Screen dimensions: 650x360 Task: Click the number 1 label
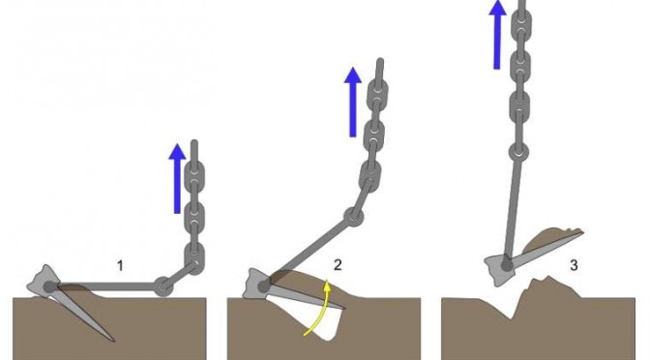coord(120,265)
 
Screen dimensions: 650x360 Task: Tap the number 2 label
coord(338,264)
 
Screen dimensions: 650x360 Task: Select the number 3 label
coord(574,265)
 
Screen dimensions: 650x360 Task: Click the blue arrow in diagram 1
coord(177,179)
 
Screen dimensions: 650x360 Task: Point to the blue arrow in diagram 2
coord(353,102)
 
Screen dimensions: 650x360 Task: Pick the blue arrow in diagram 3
coord(497,35)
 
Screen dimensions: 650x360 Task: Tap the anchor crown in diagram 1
coord(44,282)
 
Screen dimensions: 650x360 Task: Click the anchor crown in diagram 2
coord(258,284)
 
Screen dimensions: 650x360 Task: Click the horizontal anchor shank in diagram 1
coord(105,286)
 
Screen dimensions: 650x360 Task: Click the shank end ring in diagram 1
coord(163,286)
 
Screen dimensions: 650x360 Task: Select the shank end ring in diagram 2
coord(354,216)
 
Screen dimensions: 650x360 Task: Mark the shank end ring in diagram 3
coord(518,152)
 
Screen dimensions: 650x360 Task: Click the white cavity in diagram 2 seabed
coord(319,319)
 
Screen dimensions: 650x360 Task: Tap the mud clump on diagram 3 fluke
coord(551,239)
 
